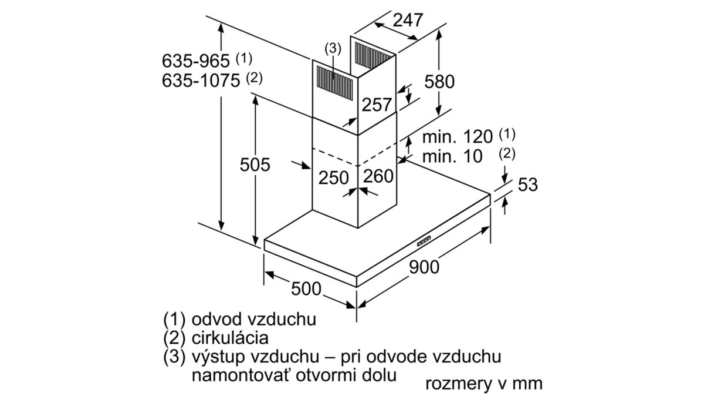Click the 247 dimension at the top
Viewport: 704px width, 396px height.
pos(408,21)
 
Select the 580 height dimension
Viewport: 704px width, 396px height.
pos(439,82)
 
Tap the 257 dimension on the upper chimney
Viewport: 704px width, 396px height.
pos(377,105)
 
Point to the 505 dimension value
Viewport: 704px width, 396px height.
pos(255,165)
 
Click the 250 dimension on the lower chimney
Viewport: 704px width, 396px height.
pos(333,178)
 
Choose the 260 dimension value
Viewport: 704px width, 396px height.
pos(378,176)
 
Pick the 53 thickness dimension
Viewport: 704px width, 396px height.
pos(527,184)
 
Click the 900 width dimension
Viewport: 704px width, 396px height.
pos(424,267)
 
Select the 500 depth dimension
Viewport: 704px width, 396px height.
pos(306,288)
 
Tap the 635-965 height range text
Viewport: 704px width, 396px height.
pos(195,61)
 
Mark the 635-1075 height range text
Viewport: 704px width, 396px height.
pos(201,80)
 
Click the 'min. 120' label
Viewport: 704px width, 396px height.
pos(457,137)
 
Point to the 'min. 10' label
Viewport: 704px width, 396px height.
pos(452,156)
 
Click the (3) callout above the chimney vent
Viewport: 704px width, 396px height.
pos(333,49)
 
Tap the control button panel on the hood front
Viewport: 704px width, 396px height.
pos(424,241)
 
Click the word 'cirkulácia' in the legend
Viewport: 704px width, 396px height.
pos(230,338)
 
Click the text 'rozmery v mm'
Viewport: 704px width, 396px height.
pos(483,384)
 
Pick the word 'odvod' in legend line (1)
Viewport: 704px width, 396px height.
pos(217,319)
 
